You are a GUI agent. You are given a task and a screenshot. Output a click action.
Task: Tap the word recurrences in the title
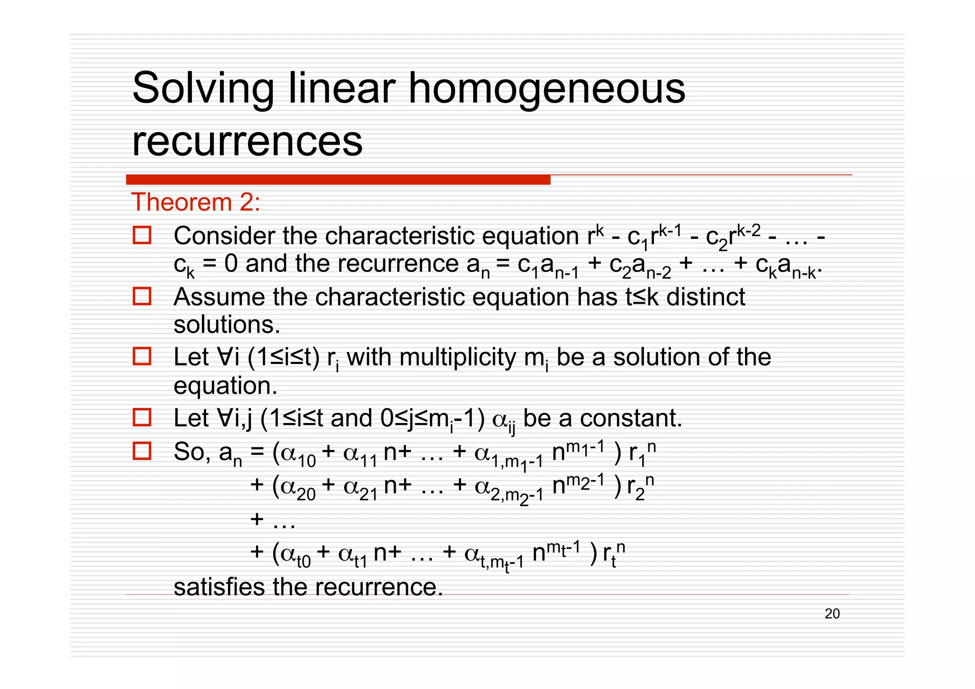pyautogui.click(x=247, y=141)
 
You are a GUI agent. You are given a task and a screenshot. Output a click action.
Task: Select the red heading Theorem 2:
pyautogui.click(x=196, y=202)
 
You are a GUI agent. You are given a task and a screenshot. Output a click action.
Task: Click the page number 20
pyautogui.click(x=832, y=614)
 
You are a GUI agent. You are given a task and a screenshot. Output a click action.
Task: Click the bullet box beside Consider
pyautogui.click(x=142, y=235)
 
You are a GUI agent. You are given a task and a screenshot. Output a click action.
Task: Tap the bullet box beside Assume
pyautogui.click(x=142, y=296)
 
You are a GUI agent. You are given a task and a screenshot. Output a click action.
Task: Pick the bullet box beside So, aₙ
pyautogui.click(x=142, y=451)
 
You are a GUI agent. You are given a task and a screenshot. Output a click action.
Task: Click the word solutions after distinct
pyautogui.click(x=227, y=325)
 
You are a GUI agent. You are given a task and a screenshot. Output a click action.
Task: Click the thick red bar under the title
pyautogui.click(x=338, y=180)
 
